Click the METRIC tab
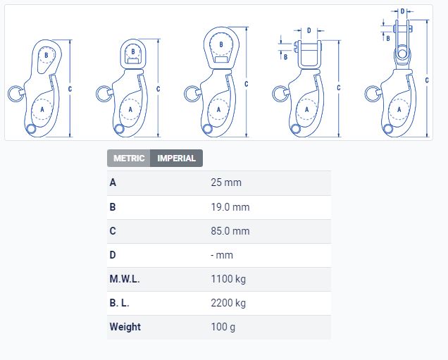pos(129,158)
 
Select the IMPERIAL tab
pos(176,158)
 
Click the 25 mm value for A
pos(226,182)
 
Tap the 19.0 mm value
pos(230,207)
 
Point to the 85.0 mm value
pos(230,231)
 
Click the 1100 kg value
pos(228,279)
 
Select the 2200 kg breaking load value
pos(228,303)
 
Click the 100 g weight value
pos(223,327)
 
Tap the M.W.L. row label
pos(125,279)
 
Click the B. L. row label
pos(119,303)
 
